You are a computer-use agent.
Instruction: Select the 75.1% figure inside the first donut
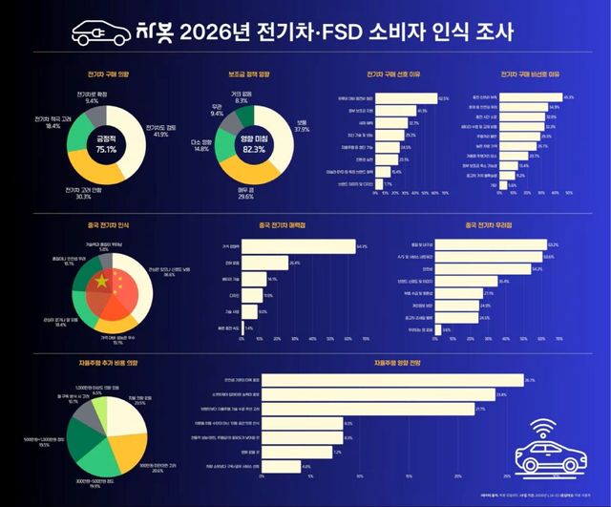click(x=106, y=149)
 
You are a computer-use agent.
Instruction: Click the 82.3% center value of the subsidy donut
click(x=254, y=149)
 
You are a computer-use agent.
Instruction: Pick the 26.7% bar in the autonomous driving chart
click(x=391, y=380)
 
